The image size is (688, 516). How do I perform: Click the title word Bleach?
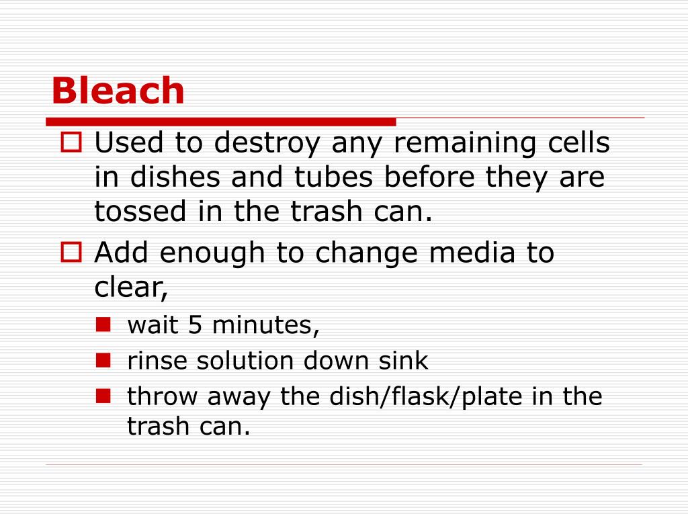click(118, 91)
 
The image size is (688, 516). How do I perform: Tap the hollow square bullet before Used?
click(71, 142)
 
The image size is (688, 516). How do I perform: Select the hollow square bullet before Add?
click(71, 253)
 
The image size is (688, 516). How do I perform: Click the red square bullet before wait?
click(103, 325)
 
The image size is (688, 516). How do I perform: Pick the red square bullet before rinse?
click(103, 361)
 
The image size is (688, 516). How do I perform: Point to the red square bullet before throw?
click(103, 396)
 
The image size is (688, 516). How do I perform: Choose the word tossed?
click(138, 212)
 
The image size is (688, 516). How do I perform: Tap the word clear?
click(130, 288)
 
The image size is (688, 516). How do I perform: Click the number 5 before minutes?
click(195, 325)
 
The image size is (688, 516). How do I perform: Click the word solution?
click(246, 361)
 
